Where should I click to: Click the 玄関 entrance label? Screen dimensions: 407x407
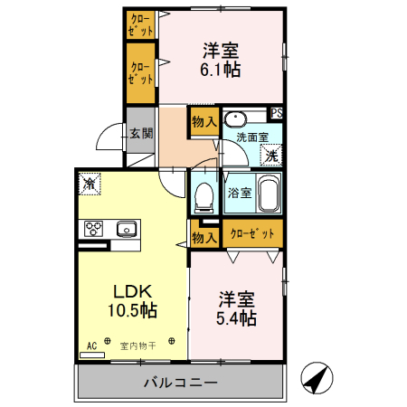point(140,133)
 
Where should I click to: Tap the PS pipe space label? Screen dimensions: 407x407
point(277,113)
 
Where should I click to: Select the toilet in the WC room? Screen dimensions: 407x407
point(203,194)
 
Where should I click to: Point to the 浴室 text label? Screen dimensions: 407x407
point(239,192)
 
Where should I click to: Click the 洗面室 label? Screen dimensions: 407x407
point(251,137)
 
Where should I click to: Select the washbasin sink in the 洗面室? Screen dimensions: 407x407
point(237,119)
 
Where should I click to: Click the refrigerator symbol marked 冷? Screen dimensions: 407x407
point(90,184)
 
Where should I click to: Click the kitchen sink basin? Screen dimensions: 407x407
point(125,228)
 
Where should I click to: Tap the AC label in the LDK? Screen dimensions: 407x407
point(91,345)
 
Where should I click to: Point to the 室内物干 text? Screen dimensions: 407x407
point(138,345)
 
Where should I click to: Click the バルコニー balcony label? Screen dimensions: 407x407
point(181,383)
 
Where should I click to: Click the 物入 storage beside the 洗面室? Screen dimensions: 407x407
point(203,121)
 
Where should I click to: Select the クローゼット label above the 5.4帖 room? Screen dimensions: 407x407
point(252,234)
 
